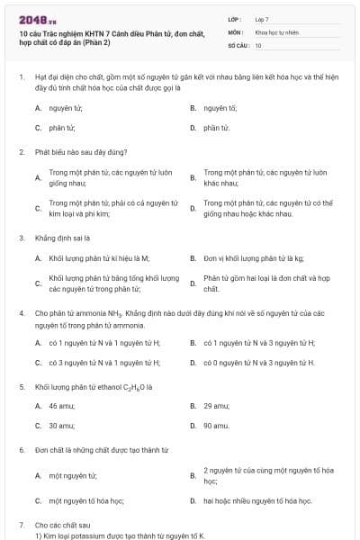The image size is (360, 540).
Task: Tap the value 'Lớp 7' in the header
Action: (262, 18)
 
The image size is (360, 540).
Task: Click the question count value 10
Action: (258, 44)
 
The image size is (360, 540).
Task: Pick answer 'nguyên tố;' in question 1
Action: (220, 107)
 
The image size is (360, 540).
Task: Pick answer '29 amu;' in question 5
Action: (216, 406)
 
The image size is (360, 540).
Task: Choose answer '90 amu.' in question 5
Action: (216, 426)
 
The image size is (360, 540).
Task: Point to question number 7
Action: (22, 524)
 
